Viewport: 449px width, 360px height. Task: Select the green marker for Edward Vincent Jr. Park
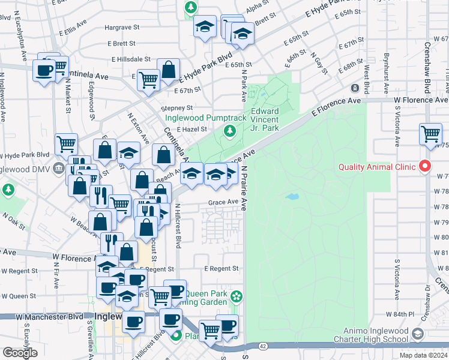point(228,131)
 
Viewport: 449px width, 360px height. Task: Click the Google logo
point(20,353)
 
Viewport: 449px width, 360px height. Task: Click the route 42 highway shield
point(264,346)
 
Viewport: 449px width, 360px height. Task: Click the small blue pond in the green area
point(293,196)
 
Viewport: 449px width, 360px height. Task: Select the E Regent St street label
point(221,269)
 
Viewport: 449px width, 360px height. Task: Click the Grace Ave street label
point(223,202)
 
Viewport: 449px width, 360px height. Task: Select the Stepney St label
point(176,108)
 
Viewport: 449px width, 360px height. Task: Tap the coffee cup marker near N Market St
point(44,71)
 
